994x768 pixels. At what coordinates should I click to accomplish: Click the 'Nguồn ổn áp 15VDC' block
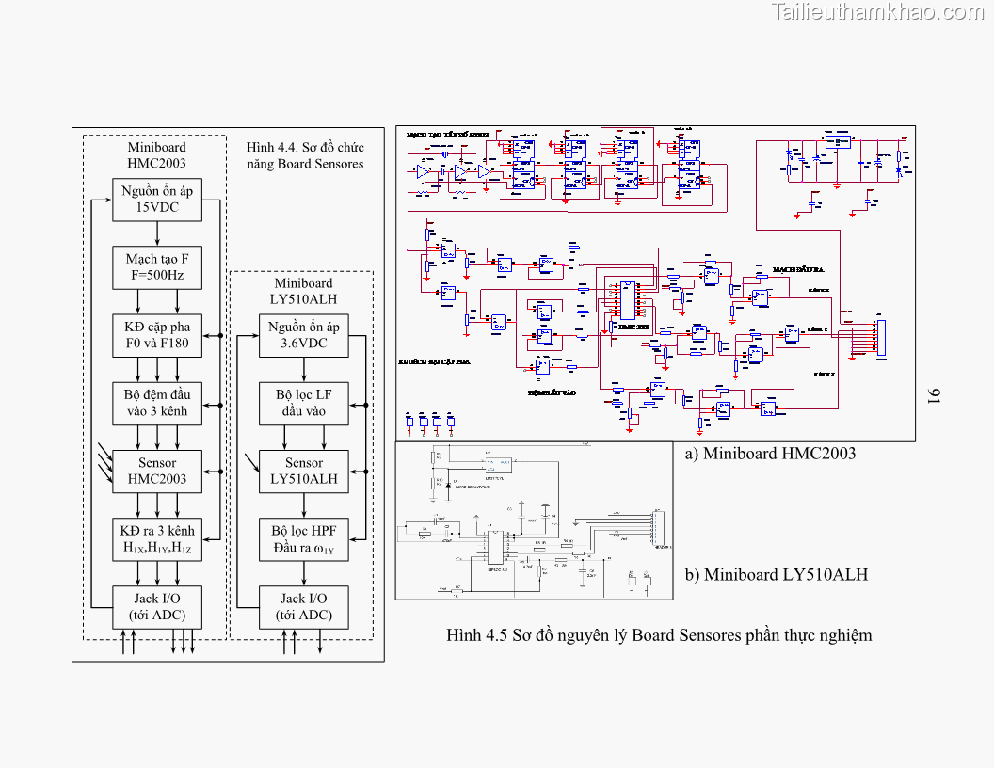pyautogui.click(x=157, y=200)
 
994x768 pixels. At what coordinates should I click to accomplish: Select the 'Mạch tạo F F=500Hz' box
pyautogui.click(x=157, y=268)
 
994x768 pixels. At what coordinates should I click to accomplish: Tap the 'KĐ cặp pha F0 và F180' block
pyautogui.click(x=157, y=335)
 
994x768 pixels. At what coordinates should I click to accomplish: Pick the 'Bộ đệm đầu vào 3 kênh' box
pyautogui.click(x=157, y=403)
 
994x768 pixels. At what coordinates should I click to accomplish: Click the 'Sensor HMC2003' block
pyautogui.click(x=157, y=471)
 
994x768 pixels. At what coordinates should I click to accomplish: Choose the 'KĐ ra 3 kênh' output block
pyautogui.click(x=157, y=539)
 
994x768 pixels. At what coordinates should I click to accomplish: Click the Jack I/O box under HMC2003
pyautogui.click(x=157, y=607)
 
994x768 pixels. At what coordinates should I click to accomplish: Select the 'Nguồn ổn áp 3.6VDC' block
pyautogui.click(x=304, y=335)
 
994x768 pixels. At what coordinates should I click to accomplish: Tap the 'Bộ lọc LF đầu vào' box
pyautogui.click(x=304, y=403)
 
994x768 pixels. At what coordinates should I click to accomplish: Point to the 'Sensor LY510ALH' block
pyautogui.click(x=304, y=471)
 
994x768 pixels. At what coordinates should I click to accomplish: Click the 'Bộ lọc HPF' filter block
pyautogui.click(x=304, y=539)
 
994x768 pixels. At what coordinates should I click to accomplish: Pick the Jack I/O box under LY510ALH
pyautogui.click(x=304, y=607)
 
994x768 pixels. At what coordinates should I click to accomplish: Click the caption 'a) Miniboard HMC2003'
pyautogui.click(x=770, y=454)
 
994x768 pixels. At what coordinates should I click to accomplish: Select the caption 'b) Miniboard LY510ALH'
pyautogui.click(x=776, y=574)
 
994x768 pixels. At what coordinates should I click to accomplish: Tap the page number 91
pyautogui.click(x=936, y=395)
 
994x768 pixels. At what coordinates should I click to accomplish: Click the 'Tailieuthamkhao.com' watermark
pyautogui.click(x=877, y=12)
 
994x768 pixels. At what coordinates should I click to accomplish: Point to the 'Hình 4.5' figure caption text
pyautogui.click(x=659, y=635)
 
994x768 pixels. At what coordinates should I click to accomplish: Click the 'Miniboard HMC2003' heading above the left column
pyautogui.click(x=157, y=154)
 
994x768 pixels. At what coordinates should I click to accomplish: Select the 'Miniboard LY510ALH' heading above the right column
pyautogui.click(x=304, y=291)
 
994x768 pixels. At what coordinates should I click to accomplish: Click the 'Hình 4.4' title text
pyautogui.click(x=305, y=155)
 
